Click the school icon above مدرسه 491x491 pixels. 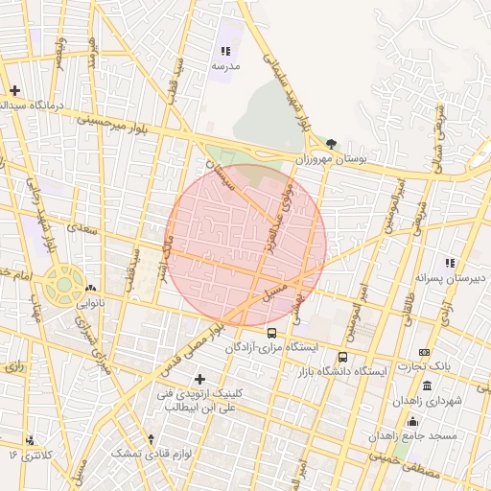pos(225,51)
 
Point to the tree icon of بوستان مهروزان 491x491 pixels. pos(332,143)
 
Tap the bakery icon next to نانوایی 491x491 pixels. pos(90,288)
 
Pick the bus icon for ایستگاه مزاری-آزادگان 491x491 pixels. pos(271,333)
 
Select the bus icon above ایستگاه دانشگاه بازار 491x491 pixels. pos(343,357)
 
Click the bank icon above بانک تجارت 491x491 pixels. pos(425,352)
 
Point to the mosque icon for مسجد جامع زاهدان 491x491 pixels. pos(413,421)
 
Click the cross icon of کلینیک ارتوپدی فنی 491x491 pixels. pos(199,380)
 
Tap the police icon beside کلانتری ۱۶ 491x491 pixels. pos(31,440)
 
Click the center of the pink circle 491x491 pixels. pos(247,245)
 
